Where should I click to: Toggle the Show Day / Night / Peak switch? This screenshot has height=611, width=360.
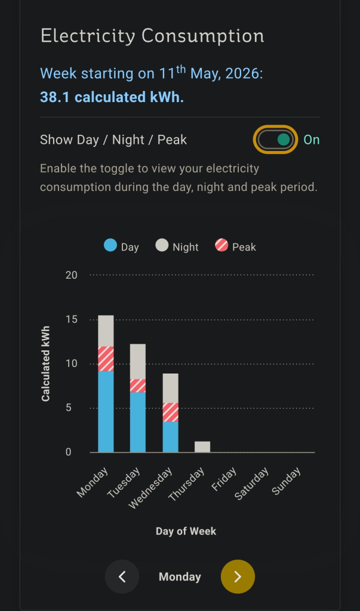pos(276,140)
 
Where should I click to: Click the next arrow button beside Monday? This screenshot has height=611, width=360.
pos(238,577)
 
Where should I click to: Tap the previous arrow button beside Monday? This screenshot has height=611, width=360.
pos(122,577)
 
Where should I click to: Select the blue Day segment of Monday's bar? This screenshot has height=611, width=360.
pos(106,412)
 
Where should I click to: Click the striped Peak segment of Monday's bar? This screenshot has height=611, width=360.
pos(106,359)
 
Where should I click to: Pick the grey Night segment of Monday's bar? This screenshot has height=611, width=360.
pos(106,331)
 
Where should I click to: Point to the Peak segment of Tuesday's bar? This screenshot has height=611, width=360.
pos(138,385)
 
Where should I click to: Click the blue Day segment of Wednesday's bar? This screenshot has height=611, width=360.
pos(170,437)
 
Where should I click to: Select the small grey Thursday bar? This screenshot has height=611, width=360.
pos(202,447)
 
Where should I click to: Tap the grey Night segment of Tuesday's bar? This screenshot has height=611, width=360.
pos(138,361)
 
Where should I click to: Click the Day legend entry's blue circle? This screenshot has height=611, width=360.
pos(110,245)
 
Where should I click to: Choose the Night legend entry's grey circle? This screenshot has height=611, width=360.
pos(162,245)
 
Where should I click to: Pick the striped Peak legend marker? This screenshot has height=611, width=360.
pos(221,245)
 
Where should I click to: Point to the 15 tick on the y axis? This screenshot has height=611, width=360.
pos(72,320)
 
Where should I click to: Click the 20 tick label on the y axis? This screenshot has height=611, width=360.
pos(72,275)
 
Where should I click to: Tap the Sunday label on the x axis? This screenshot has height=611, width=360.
pos(287,481)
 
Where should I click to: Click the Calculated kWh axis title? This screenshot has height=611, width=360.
pos(45,364)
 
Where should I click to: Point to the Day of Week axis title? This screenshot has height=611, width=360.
pos(186,531)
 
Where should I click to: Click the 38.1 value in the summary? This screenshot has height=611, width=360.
pos(54,97)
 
